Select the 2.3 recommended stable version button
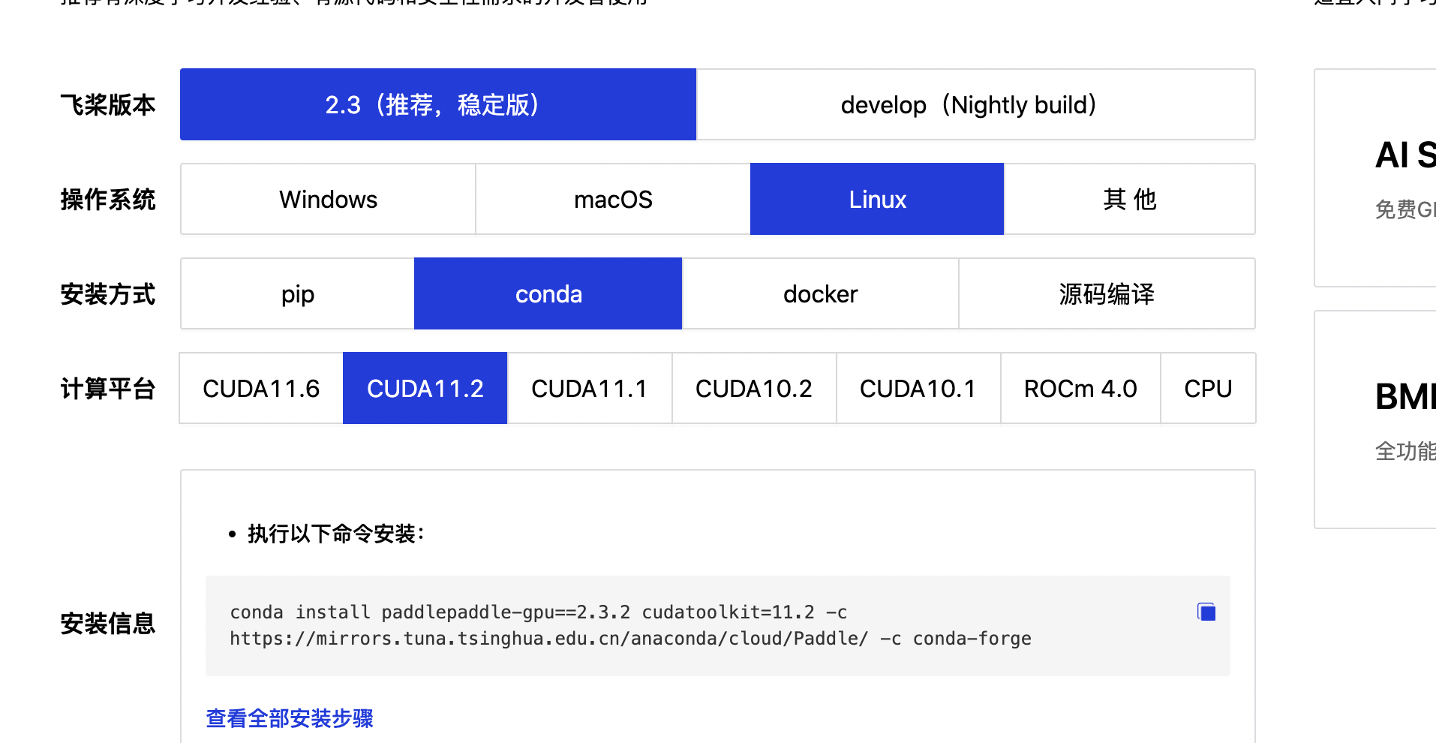(x=438, y=104)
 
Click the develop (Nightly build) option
(x=975, y=104)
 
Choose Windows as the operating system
(x=328, y=199)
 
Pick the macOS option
(x=613, y=199)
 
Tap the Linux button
(x=877, y=199)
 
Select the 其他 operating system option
(x=1129, y=199)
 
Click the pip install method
(x=298, y=293)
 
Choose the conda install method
(x=548, y=293)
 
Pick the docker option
(x=820, y=293)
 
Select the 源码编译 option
(x=1107, y=293)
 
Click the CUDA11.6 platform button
(x=261, y=388)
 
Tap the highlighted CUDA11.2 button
(x=425, y=388)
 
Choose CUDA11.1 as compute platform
(x=590, y=388)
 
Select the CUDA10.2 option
(x=754, y=388)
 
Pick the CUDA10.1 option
(x=918, y=388)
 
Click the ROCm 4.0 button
(x=1080, y=388)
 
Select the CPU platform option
(x=1208, y=388)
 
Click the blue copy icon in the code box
(x=1206, y=612)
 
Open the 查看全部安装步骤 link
(x=290, y=718)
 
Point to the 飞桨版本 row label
(x=108, y=104)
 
